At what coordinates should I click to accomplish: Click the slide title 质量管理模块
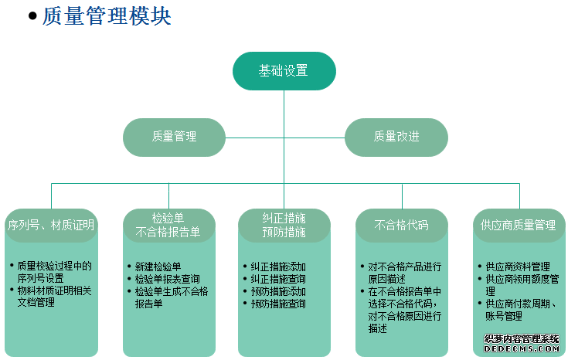(x=107, y=16)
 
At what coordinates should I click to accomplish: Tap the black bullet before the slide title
(x=32, y=16)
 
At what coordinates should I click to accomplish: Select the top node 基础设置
(x=284, y=70)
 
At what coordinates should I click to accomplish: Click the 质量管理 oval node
(x=174, y=138)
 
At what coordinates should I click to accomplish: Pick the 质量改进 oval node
(x=396, y=138)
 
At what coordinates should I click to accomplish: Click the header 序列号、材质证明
(x=51, y=226)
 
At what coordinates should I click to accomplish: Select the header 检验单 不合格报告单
(x=168, y=226)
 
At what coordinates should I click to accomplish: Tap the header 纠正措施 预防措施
(x=284, y=226)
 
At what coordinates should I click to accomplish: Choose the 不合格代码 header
(x=402, y=226)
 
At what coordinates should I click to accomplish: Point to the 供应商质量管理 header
(x=519, y=226)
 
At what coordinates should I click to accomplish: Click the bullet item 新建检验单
(x=158, y=267)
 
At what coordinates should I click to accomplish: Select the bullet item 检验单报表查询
(x=168, y=279)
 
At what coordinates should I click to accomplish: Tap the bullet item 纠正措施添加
(x=278, y=267)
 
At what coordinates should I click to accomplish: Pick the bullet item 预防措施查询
(x=278, y=304)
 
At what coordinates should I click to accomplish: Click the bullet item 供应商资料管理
(x=518, y=267)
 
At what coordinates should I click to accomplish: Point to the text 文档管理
(x=36, y=302)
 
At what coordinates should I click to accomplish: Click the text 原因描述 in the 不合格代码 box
(x=387, y=279)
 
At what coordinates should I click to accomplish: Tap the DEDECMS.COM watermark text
(x=522, y=348)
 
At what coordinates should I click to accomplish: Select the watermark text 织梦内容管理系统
(x=522, y=339)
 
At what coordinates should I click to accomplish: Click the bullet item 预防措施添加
(x=278, y=291)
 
